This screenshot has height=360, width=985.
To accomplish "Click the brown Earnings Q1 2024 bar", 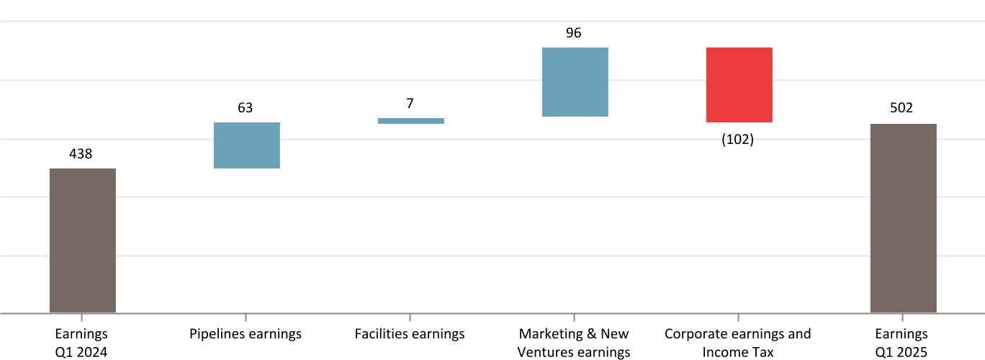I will tap(82, 240).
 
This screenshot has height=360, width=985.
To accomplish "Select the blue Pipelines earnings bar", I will tap(246, 145).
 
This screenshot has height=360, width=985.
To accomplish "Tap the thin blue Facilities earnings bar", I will tap(410, 121).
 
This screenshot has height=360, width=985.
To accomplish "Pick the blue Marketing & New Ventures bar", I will tap(575, 81).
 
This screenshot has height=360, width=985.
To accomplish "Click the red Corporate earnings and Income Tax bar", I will tap(739, 84).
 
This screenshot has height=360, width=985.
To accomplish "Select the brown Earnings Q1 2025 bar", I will tap(903, 218).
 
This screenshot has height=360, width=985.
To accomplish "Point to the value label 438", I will tap(81, 153).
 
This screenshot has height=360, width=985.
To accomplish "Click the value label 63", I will tap(245, 108).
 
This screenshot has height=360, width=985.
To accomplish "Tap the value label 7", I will tap(410, 103).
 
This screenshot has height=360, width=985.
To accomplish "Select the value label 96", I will tap(574, 33).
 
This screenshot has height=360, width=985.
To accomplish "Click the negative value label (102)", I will tap(737, 140).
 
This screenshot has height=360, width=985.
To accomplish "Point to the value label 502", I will tap(901, 108).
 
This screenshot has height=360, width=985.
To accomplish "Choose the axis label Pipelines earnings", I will tap(246, 334).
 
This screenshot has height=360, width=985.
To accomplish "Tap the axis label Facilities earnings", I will tap(410, 334).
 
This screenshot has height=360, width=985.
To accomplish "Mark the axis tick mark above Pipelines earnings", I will tap(246, 318).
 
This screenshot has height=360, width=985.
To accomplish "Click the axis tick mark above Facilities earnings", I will tap(410, 318).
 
